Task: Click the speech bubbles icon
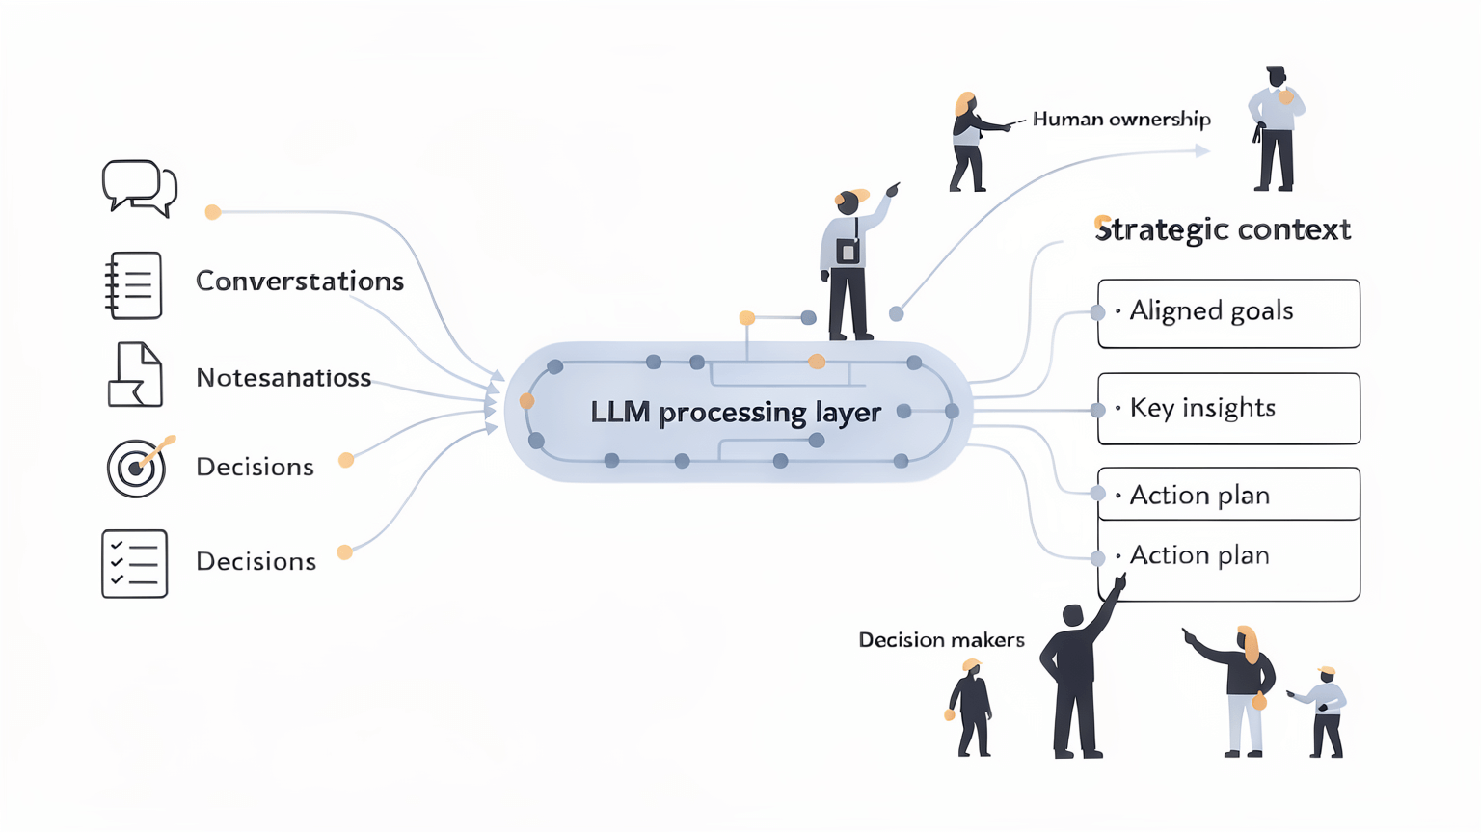(139, 187)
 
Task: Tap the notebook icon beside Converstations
(133, 285)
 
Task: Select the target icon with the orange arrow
(137, 468)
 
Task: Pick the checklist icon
(134, 563)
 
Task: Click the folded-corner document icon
(135, 375)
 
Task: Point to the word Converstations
(299, 282)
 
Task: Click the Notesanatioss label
(283, 378)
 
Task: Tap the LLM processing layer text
(736, 413)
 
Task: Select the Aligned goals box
(1228, 313)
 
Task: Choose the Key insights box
(1228, 409)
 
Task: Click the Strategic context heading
(1223, 229)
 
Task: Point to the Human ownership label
(1121, 120)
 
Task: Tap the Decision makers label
(941, 640)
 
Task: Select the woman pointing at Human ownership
(970, 142)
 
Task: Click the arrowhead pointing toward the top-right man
(1201, 150)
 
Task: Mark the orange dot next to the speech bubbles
(213, 212)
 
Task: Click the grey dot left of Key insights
(1097, 410)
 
